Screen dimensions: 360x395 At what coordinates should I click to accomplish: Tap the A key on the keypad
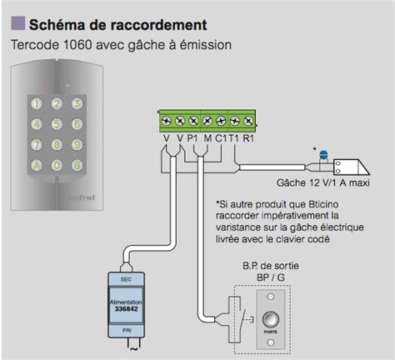coord(37,163)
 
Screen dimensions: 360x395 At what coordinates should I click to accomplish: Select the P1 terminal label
coord(193,138)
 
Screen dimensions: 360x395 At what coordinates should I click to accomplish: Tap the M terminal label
coord(207,138)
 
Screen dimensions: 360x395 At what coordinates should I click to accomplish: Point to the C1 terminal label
coord(221,138)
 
